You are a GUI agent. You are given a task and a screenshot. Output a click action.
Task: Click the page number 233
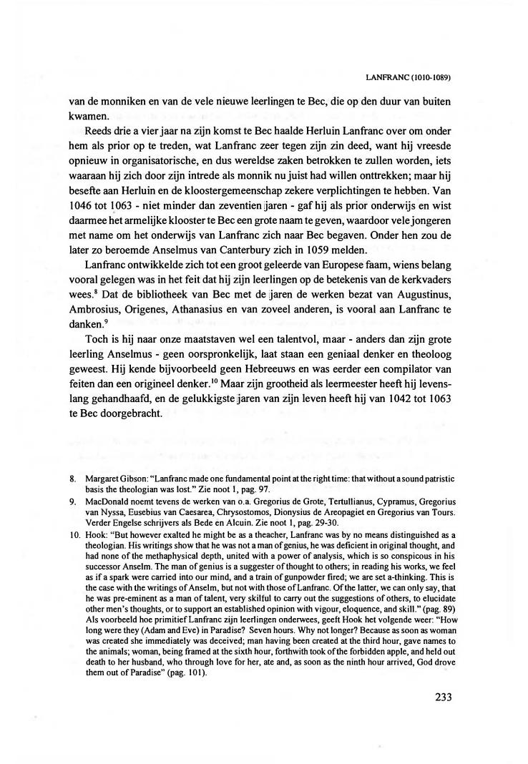point(439,697)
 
